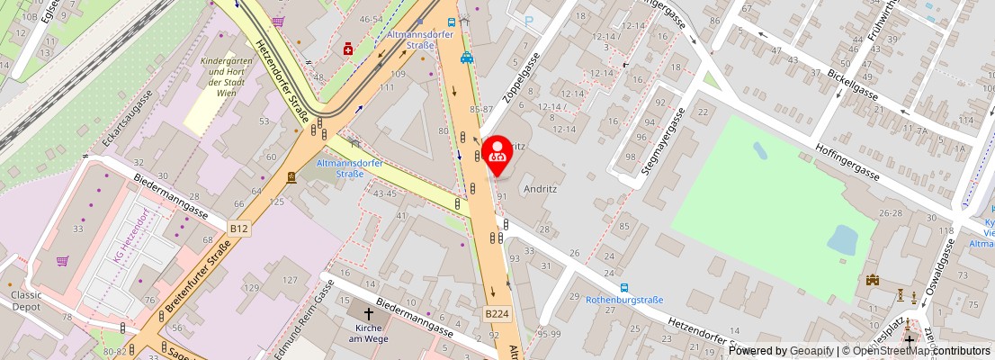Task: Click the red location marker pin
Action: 497,154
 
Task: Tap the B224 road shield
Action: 497,314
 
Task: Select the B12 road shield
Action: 238,229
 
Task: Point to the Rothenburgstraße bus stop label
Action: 623,300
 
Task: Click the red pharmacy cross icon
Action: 347,49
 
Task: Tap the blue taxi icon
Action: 466,58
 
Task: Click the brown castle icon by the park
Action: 871,281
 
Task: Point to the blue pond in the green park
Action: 843,239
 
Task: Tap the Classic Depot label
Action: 26,301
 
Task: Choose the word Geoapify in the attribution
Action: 811,351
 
